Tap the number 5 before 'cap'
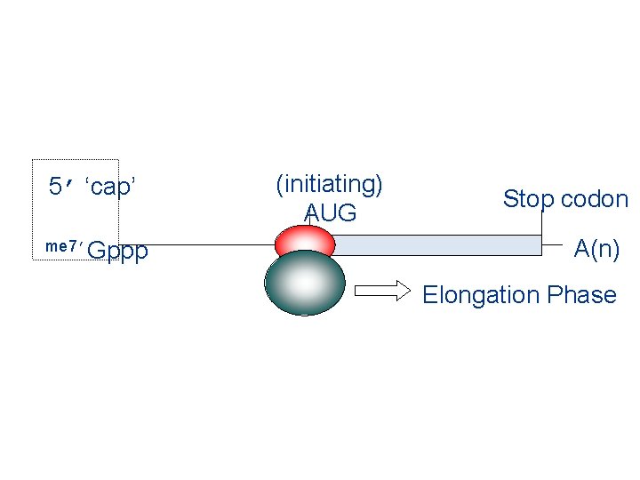[x=55, y=187]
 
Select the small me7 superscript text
[x=63, y=246]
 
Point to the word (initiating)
[x=330, y=184]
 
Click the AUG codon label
[x=330, y=213]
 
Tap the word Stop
[x=528, y=199]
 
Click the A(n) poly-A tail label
[x=596, y=248]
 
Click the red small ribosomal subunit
[x=305, y=240]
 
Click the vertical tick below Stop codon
[x=541, y=223]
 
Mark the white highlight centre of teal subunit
[x=304, y=282]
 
